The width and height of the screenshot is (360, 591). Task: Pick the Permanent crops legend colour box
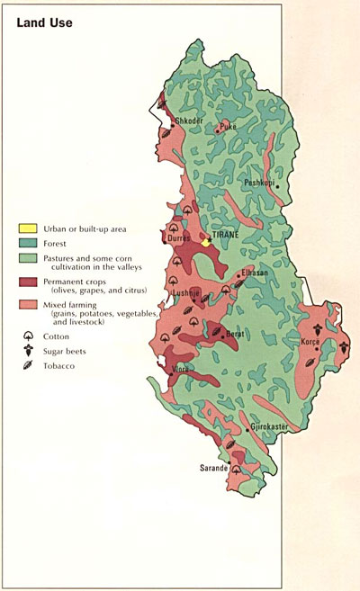(x=29, y=282)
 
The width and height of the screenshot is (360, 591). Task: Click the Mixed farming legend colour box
(x=29, y=306)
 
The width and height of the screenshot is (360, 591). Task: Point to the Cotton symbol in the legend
(x=29, y=336)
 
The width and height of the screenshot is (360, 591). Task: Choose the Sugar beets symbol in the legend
(x=29, y=352)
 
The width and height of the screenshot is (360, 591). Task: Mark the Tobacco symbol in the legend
(x=29, y=366)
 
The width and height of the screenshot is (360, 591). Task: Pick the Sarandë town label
(x=214, y=469)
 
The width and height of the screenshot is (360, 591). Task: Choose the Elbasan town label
(x=254, y=273)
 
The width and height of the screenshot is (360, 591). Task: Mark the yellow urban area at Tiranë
(x=206, y=242)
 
